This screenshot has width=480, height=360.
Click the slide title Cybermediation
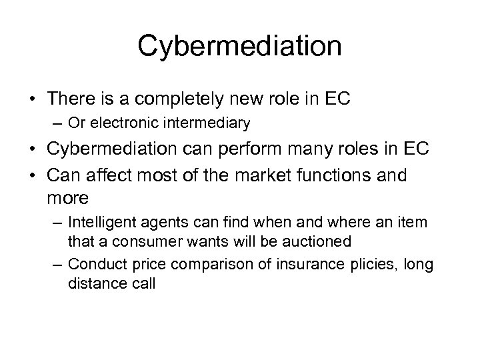coord(239,46)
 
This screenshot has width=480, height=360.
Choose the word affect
coord(117,176)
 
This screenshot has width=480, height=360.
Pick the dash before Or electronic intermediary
coord(56,123)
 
